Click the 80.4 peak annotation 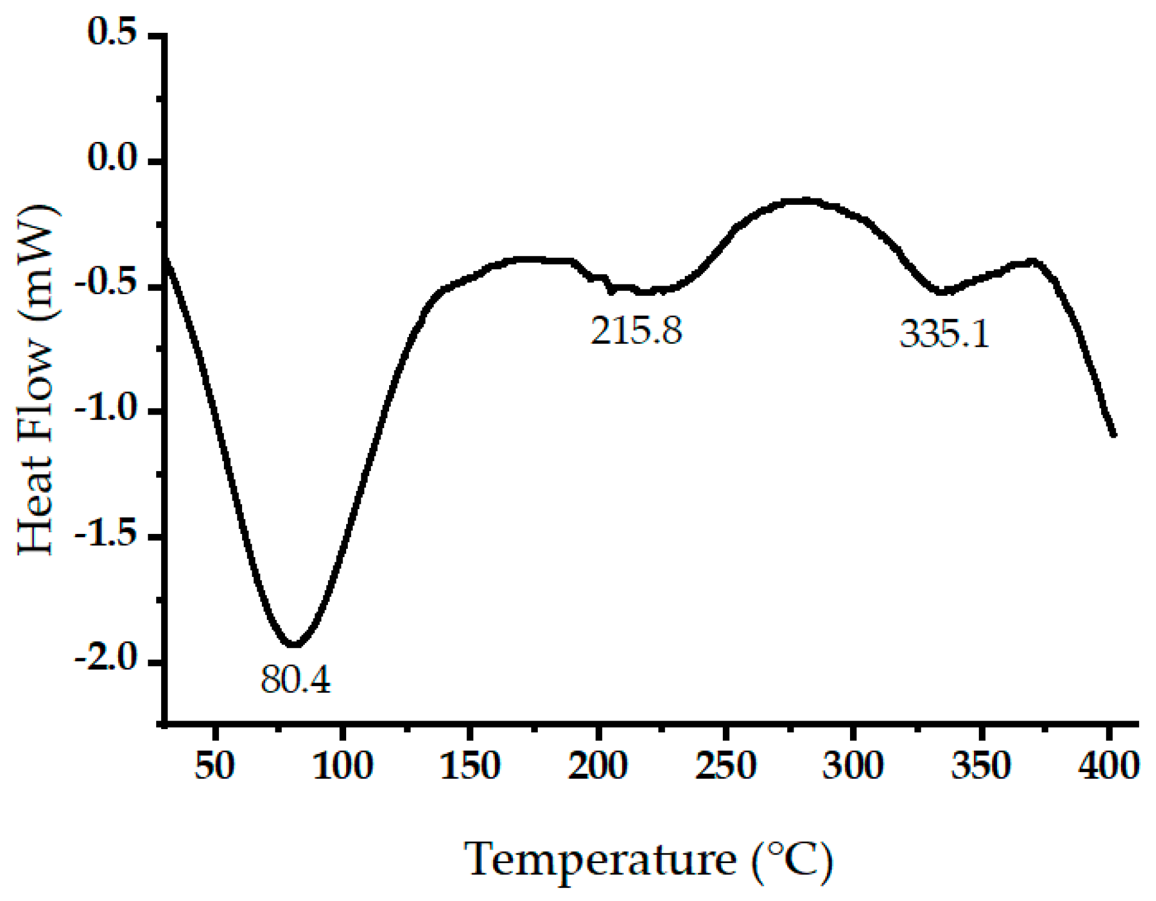point(295,679)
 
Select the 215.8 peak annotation point(636,331)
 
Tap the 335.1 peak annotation point(944,334)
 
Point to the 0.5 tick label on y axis point(112,32)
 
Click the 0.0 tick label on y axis point(112,158)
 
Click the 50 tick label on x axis point(214,766)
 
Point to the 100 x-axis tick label point(343,766)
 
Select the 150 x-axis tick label point(470,766)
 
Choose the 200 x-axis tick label point(598,766)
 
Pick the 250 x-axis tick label point(726,766)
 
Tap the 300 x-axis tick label point(853,766)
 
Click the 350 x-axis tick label point(981,766)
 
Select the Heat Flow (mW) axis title point(37,380)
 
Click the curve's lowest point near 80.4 point(294,645)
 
